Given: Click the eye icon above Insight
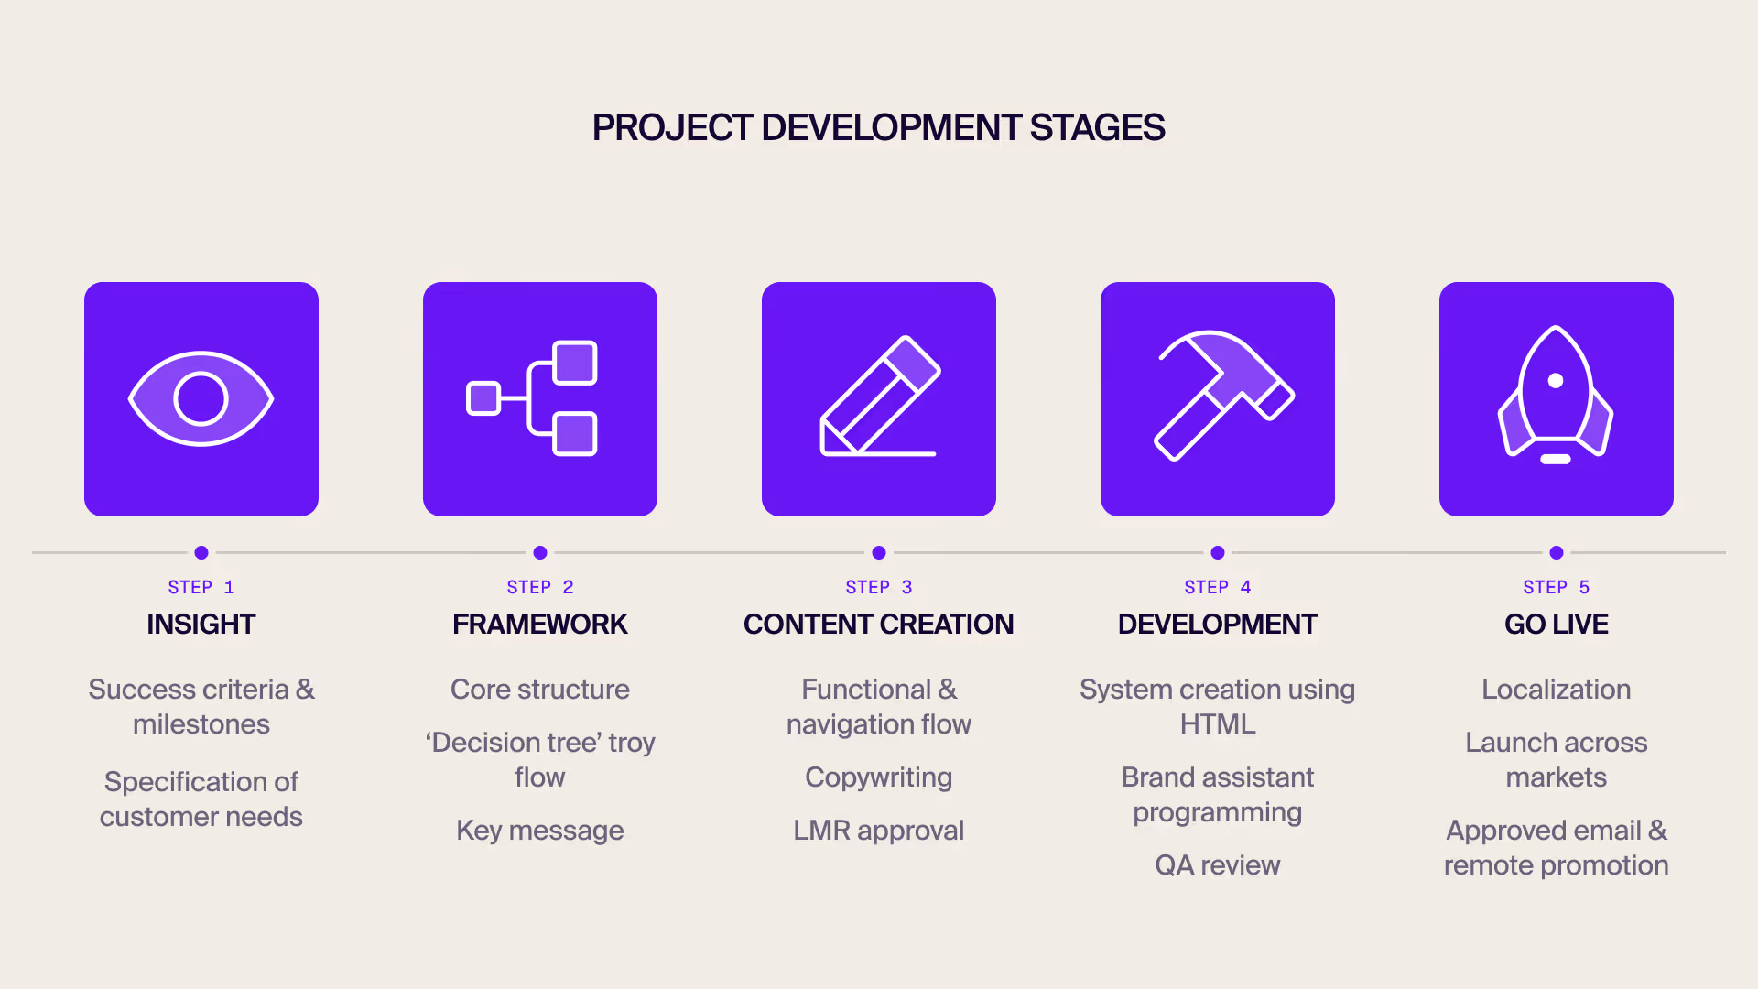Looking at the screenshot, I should pyautogui.click(x=201, y=399).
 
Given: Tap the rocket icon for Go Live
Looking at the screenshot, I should pyautogui.click(x=1556, y=396).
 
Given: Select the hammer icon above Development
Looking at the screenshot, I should pyautogui.click(x=1221, y=394).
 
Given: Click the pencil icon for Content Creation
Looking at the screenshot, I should pyautogui.click(x=879, y=397).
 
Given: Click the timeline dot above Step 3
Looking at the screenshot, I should pyautogui.click(x=879, y=552).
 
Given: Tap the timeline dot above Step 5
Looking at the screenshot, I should pyautogui.click(x=1557, y=552).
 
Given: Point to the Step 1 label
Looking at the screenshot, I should pyautogui.click(x=201, y=587).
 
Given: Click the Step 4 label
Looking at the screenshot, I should pyautogui.click(x=1217, y=587).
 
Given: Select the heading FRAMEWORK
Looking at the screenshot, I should pyautogui.click(x=540, y=625).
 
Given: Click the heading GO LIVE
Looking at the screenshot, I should pyautogui.click(x=1556, y=625).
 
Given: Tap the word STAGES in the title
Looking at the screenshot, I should pyautogui.click(x=1097, y=128).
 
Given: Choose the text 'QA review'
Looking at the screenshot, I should pyautogui.click(x=1217, y=865).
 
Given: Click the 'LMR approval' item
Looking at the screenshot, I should pyautogui.click(x=878, y=831).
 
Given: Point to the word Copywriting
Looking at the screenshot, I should pyautogui.click(x=878, y=777).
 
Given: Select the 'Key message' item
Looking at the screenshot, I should pyautogui.click(x=540, y=831).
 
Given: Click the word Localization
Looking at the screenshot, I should pyautogui.click(x=1556, y=690).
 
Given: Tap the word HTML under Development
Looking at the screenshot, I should pyautogui.click(x=1217, y=724).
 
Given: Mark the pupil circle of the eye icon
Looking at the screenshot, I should pyautogui.click(x=201, y=399).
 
